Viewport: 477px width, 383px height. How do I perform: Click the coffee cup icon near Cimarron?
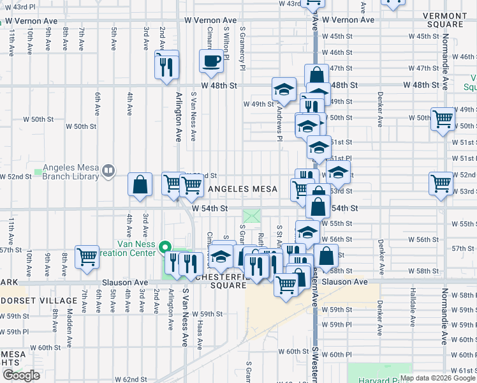[212, 61]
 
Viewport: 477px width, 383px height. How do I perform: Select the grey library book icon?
[109, 170]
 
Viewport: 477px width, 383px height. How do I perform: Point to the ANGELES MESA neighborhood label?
[243, 189]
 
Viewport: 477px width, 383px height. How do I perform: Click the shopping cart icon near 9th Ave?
[87, 257]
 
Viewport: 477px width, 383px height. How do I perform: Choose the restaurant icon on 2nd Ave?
[166, 65]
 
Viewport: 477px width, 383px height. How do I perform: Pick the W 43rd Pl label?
[18, 6]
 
